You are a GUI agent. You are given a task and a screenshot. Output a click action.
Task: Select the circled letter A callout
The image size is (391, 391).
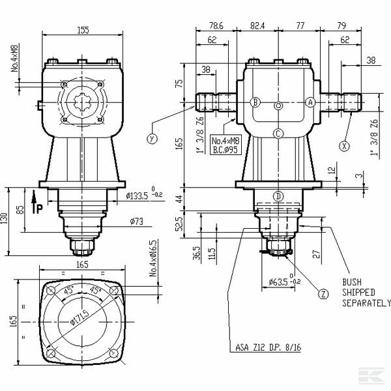tap(310, 102)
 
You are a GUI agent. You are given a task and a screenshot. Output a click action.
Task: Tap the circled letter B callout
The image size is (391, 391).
tap(255, 102)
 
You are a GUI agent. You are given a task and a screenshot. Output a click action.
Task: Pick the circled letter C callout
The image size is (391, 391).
tap(278, 134)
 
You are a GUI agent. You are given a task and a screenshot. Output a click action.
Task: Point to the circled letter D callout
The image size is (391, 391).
tap(278, 195)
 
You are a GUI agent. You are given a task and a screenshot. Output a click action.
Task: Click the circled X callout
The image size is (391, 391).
tap(343, 146)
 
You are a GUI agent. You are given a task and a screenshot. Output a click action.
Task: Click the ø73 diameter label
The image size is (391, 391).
tap(136, 222)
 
